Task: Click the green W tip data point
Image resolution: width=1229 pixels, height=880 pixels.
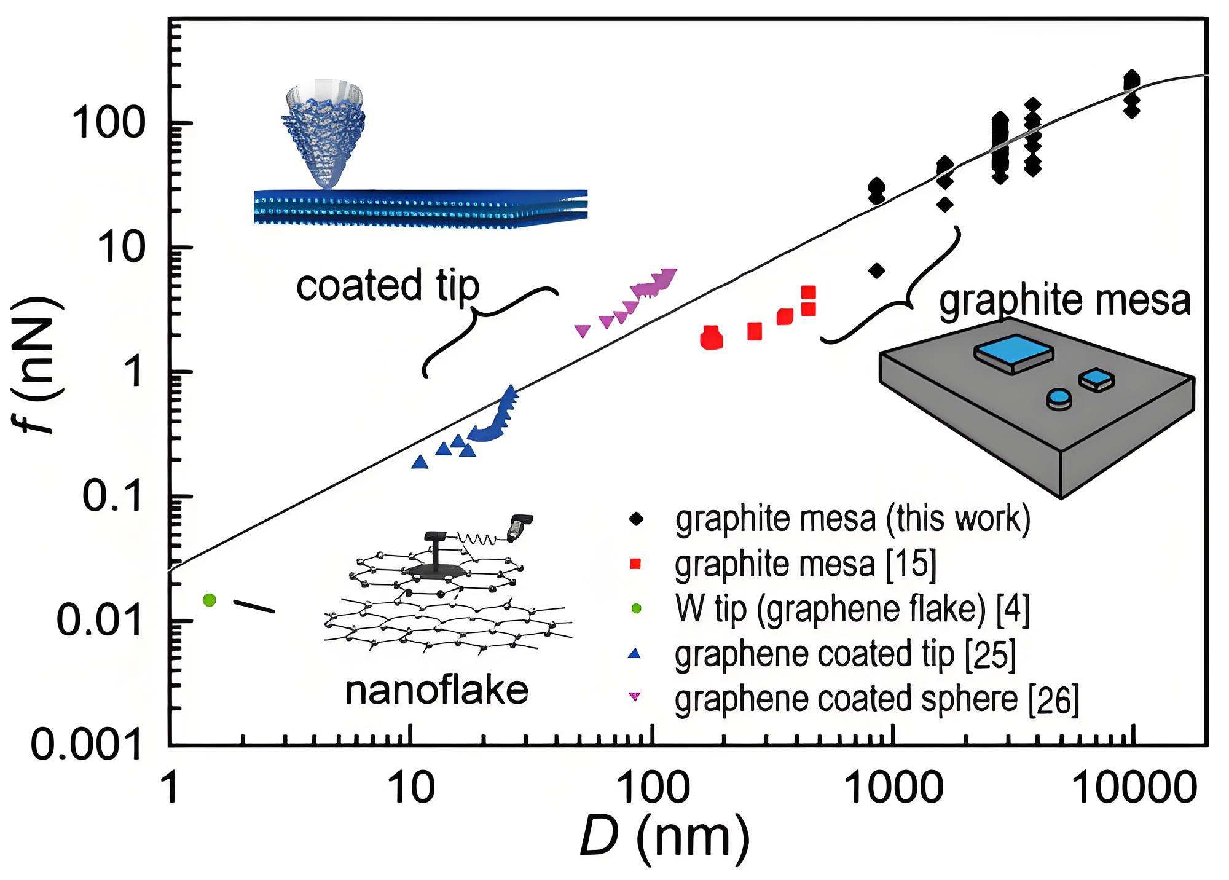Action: click(210, 600)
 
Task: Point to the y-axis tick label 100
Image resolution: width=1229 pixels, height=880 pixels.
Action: click(108, 123)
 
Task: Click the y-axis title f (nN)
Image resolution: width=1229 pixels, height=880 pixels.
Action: click(39, 365)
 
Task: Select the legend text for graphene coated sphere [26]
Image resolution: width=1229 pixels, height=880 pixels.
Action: click(877, 699)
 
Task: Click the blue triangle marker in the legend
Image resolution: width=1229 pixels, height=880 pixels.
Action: click(635, 654)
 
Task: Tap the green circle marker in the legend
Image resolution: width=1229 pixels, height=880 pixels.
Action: click(636, 608)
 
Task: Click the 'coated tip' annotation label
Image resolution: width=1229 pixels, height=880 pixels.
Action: click(388, 286)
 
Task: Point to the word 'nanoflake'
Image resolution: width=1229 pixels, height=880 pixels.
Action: click(437, 691)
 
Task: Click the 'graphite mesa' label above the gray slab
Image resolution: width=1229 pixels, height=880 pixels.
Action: click(1065, 301)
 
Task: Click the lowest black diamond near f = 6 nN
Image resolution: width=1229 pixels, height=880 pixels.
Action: click(877, 270)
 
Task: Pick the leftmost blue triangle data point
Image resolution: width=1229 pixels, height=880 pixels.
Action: click(420, 462)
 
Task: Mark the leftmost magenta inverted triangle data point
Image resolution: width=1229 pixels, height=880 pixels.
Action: click(582, 331)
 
